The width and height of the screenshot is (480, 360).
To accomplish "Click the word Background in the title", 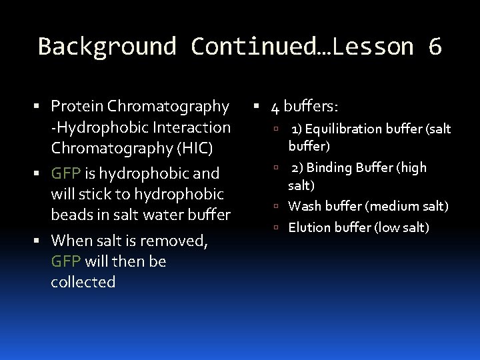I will coord(107,47).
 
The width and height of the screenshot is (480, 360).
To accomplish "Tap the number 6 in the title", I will coord(435,47).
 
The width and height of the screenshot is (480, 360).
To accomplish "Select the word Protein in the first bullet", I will coord(77,106).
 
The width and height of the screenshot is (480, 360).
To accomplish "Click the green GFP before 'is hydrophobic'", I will coord(66,174).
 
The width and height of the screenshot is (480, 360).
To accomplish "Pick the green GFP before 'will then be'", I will coord(66,261).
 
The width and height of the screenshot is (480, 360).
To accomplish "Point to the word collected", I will coord(83,282).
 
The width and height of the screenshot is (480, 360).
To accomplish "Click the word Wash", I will coord(303,206).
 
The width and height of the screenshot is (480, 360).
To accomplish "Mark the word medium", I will coord(398,206).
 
